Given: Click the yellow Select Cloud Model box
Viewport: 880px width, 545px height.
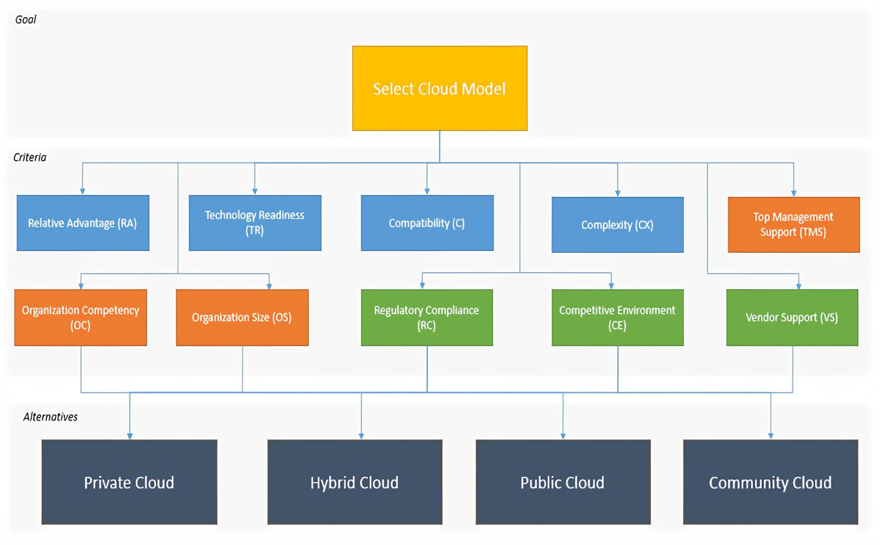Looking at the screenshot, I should click(x=440, y=88).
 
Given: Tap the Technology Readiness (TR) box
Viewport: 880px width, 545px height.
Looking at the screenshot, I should click(x=255, y=223).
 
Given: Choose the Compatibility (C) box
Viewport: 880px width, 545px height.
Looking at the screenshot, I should click(x=427, y=223).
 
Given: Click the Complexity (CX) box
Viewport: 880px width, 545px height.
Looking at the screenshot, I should click(x=617, y=225).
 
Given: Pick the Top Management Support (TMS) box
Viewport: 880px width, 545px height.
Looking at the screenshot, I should click(x=793, y=225).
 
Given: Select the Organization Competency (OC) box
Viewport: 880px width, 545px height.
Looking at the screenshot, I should click(x=80, y=318).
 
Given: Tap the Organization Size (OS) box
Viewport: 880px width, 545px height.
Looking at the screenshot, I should click(x=242, y=318).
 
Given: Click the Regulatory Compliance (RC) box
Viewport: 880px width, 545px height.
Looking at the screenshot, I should click(x=427, y=318).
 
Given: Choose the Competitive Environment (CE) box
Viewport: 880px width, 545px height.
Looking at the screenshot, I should click(x=617, y=318).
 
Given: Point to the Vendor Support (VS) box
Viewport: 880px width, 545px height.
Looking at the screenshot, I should click(x=792, y=318).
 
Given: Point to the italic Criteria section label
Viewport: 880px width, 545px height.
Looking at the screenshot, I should click(x=30, y=157).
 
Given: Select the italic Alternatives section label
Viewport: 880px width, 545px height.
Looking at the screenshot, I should click(x=50, y=417).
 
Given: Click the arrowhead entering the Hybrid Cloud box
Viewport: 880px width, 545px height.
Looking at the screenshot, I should click(x=361, y=436).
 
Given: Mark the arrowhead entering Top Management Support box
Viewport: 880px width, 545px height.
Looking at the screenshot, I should click(x=793, y=193).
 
